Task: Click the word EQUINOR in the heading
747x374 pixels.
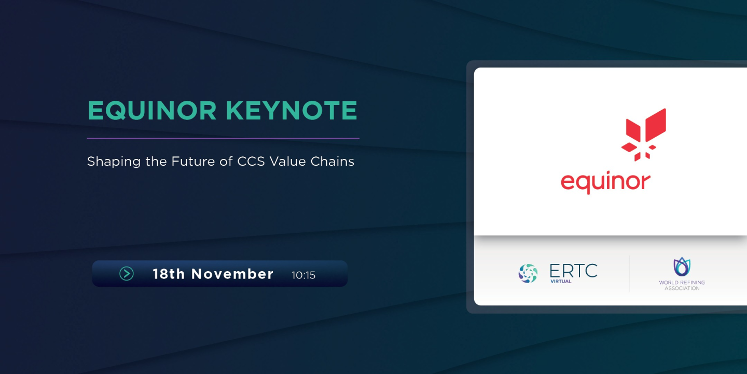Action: click(152, 111)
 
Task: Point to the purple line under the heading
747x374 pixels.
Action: click(223, 139)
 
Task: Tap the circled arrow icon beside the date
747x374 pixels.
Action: click(127, 273)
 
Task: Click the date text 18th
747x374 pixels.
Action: click(169, 274)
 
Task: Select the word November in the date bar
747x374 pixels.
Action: click(232, 274)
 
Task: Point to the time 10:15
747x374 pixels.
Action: click(303, 275)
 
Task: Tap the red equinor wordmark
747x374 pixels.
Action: click(605, 182)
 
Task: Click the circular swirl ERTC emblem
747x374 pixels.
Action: click(528, 273)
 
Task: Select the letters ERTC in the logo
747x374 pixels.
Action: click(573, 271)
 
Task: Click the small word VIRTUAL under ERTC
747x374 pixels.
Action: click(561, 282)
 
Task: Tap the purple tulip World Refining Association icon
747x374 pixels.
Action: click(682, 267)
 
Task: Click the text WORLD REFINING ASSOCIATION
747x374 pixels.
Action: click(682, 285)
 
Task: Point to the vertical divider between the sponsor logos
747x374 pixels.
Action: click(629, 273)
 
